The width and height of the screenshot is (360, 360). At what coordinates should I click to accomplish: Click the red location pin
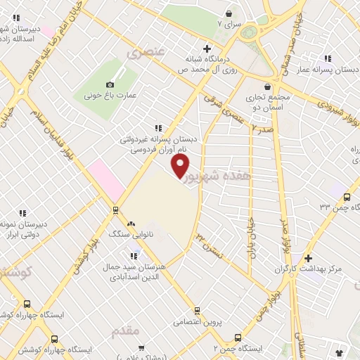(181, 165)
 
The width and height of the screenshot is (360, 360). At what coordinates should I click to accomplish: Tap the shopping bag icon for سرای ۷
(229, 13)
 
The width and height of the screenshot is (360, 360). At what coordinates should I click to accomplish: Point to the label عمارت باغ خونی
(115, 93)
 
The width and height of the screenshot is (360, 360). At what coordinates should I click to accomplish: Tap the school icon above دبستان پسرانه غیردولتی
(157, 127)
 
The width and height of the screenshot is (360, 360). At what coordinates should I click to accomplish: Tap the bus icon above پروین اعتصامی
(198, 310)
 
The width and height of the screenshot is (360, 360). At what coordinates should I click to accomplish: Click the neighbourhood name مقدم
(127, 330)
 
